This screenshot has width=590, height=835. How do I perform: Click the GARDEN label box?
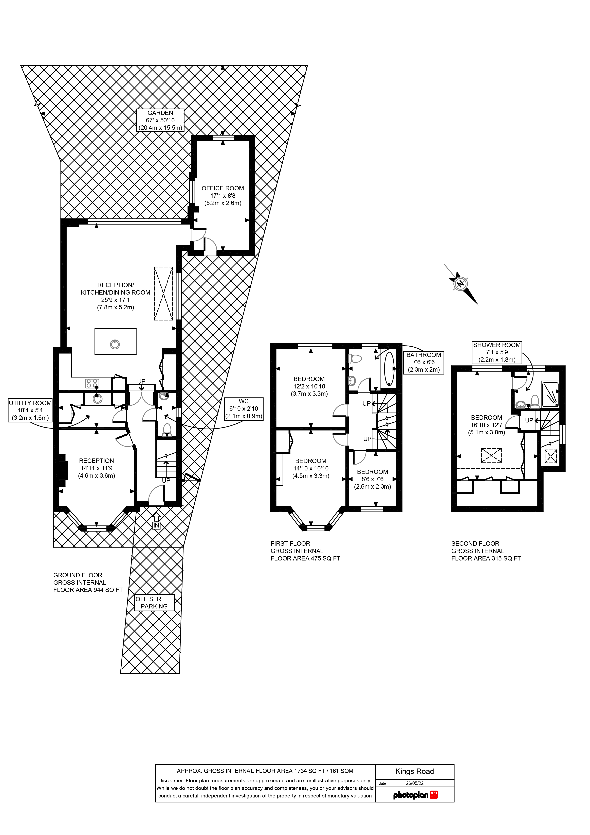[x=160, y=120]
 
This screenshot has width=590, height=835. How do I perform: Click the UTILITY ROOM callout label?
[x=30, y=410]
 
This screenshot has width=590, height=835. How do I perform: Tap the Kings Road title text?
[x=415, y=771]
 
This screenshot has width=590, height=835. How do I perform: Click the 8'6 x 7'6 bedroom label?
[x=372, y=479]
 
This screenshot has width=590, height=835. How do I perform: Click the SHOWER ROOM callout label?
[x=497, y=352]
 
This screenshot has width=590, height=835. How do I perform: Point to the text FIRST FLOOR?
[x=290, y=543]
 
